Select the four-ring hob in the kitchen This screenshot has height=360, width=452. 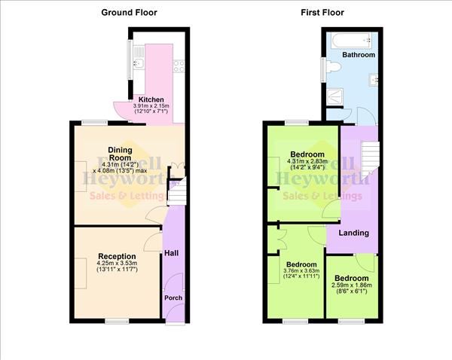pos(177,66)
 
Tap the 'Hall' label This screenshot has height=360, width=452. pos(171,252)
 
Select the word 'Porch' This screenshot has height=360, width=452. pos(173,297)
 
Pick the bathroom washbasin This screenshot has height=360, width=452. pos(374,78)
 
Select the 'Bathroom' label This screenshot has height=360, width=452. pos(359,55)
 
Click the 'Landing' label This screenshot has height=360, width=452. pos(353,232)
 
